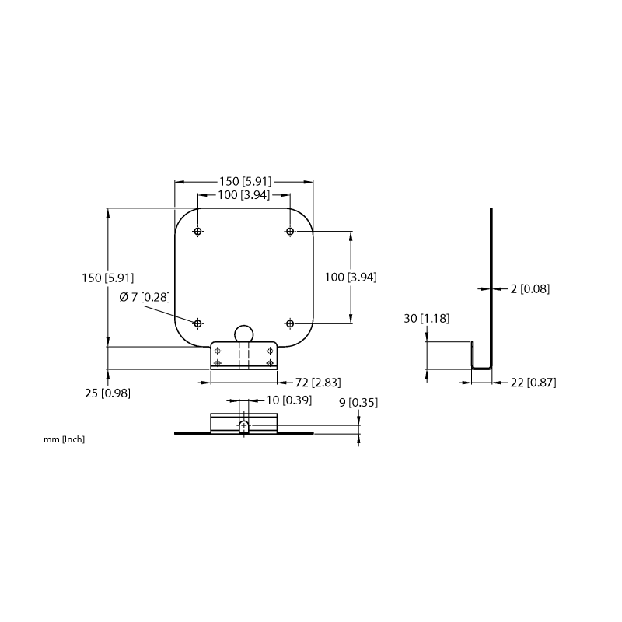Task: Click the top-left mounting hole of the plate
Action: click(x=198, y=231)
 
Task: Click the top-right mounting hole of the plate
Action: click(x=290, y=231)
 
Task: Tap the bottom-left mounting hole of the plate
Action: click(x=198, y=323)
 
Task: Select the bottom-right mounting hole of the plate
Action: click(x=290, y=323)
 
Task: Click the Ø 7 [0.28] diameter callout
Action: click(x=145, y=297)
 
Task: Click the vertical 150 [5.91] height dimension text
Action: click(x=108, y=278)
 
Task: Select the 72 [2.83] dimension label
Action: click(x=318, y=383)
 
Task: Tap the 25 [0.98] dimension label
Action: click(x=107, y=393)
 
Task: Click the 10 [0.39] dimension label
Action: click(x=288, y=400)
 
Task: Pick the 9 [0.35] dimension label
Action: click(x=358, y=403)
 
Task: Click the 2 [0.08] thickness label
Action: click(x=530, y=288)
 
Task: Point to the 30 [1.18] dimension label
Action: click(x=426, y=318)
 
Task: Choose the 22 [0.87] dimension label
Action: click(x=533, y=383)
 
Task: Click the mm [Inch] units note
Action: click(x=65, y=439)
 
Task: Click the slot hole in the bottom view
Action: click(x=244, y=426)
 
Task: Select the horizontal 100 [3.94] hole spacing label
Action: click(x=243, y=195)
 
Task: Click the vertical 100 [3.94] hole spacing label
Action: click(x=351, y=278)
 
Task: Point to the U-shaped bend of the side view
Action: click(x=481, y=368)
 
